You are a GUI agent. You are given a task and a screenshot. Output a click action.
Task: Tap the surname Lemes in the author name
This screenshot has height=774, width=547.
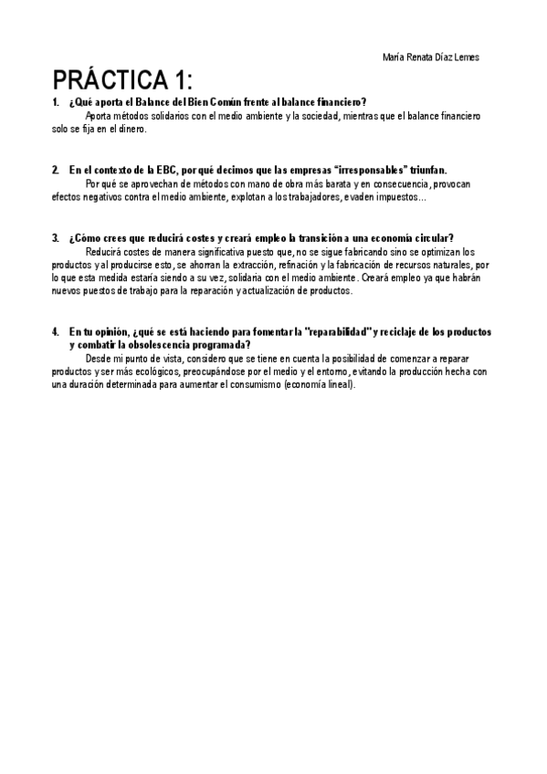(464, 58)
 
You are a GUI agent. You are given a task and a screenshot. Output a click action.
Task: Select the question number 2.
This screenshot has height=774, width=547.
(55, 171)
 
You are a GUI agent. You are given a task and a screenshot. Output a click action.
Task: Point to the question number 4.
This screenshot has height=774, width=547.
(55, 333)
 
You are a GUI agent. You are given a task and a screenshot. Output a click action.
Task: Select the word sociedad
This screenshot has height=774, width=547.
(319, 117)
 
